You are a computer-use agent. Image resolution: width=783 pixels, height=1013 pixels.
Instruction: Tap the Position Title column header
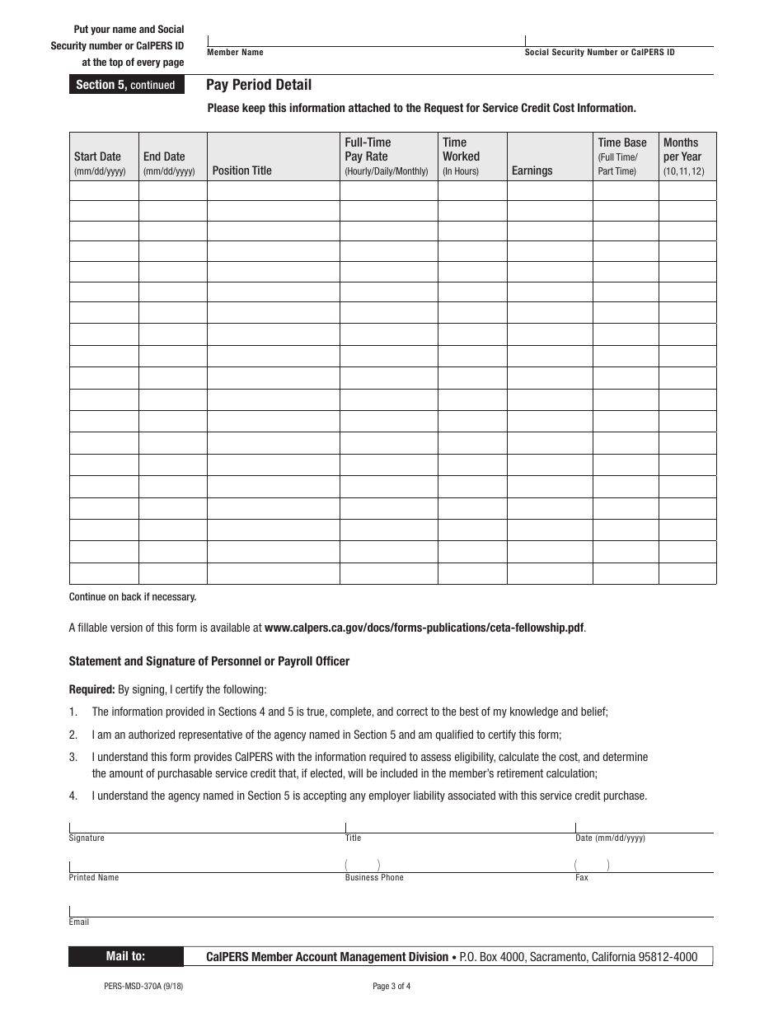point(241,170)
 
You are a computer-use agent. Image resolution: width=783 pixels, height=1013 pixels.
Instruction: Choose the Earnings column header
point(532,170)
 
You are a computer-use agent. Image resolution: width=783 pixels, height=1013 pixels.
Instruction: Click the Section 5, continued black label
point(125,85)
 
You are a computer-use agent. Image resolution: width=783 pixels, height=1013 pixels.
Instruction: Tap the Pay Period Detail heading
point(259,85)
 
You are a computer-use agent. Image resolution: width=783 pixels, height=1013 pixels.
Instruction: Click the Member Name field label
point(235,53)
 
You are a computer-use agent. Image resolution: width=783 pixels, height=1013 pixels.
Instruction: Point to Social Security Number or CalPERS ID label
point(599,53)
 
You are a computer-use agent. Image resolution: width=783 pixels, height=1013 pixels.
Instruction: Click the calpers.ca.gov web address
point(424,628)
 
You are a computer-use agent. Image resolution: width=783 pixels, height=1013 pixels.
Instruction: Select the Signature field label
point(87,838)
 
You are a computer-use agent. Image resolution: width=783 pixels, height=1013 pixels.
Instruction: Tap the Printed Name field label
point(94,878)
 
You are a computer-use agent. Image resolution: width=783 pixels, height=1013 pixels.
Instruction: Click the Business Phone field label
point(374,878)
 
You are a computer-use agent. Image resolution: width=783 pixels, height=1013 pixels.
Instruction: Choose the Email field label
point(79,922)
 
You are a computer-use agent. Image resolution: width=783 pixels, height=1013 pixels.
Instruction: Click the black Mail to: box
point(125,956)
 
